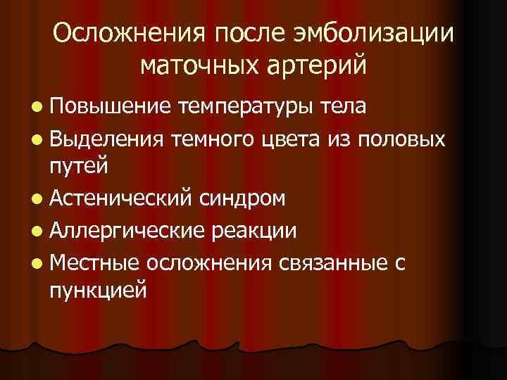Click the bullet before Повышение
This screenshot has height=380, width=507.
(x=36, y=106)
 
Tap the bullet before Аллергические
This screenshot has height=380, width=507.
(x=36, y=230)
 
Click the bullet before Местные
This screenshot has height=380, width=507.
(x=36, y=262)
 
